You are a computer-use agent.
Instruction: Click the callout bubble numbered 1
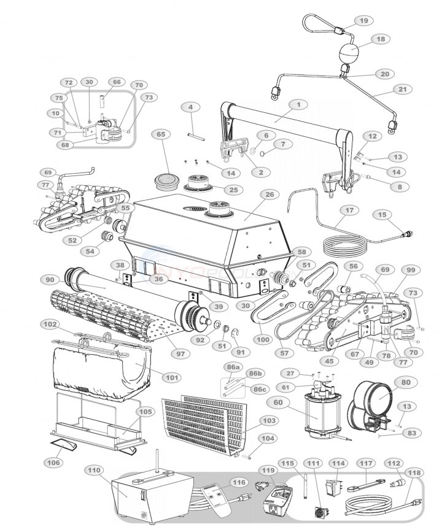coord(298,105)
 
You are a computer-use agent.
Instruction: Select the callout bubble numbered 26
coord(268,195)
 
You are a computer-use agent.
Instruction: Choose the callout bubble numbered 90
coord(66,280)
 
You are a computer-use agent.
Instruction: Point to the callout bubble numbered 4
coord(191,107)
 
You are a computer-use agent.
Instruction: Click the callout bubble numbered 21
coord(402,89)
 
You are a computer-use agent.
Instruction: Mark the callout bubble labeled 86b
coord(254,372)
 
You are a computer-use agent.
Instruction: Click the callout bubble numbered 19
coord(363,21)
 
